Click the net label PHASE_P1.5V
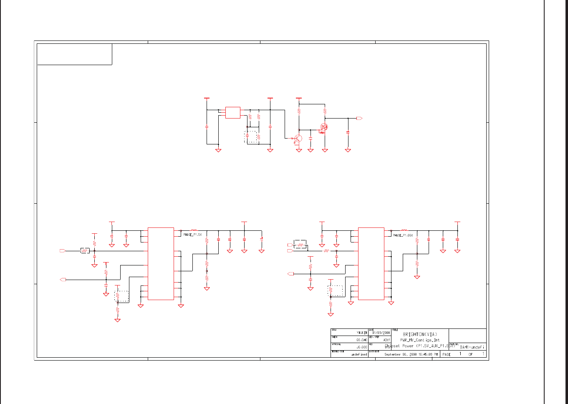192,235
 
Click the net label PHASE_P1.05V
403,235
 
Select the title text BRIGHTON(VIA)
420,334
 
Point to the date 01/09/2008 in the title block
381,333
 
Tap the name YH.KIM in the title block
362,333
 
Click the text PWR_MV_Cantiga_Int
419,340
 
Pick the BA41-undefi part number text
472,347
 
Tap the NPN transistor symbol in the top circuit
298,138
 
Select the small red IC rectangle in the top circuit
233,113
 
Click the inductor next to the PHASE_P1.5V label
194,230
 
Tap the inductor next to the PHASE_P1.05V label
404,230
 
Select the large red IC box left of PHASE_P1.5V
161,263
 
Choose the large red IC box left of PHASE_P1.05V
371,263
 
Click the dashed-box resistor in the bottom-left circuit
118,296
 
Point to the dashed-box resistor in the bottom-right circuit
331,290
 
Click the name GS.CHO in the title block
361,340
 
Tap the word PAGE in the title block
447,354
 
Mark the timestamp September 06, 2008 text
411,354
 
